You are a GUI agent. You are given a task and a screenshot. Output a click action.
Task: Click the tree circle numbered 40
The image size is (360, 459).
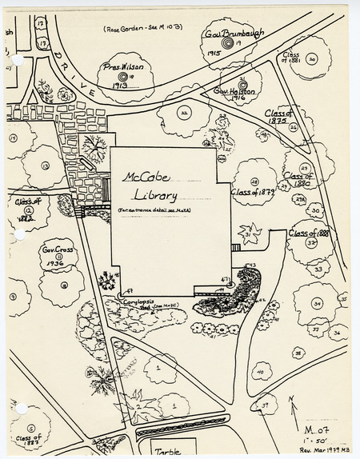260,373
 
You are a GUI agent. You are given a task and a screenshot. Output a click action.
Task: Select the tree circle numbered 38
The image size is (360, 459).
298,352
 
